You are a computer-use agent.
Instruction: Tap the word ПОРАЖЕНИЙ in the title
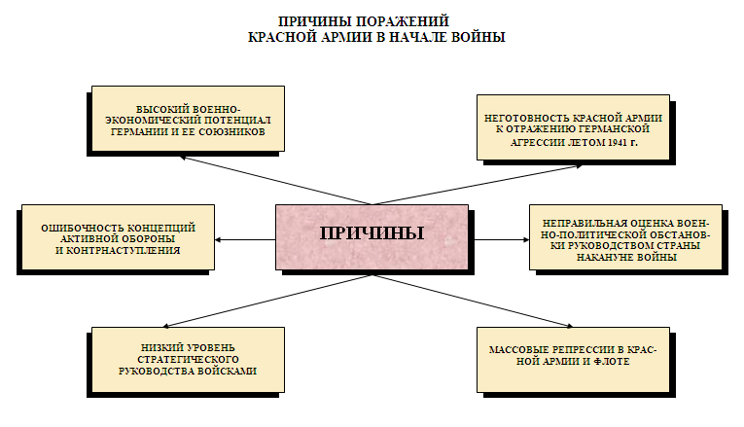[406, 20]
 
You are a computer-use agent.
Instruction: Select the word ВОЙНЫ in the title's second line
[476, 37]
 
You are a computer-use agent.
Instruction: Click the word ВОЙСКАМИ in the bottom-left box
[226, 371]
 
